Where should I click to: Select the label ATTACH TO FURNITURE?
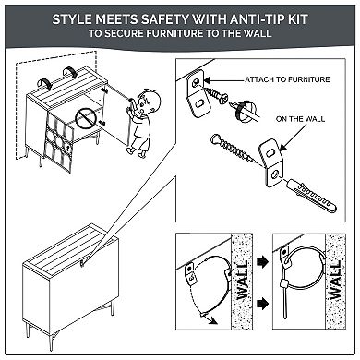click(287, 79)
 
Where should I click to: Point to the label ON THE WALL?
click(300, 119)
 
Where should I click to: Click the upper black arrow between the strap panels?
click(262, 261)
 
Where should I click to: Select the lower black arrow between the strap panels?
click(262, 304)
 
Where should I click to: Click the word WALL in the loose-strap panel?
click(243, 281)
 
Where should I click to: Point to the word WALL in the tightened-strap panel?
click(335, 281)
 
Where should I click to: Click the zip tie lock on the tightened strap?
click(283, 282)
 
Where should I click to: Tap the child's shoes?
click(136, 151)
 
